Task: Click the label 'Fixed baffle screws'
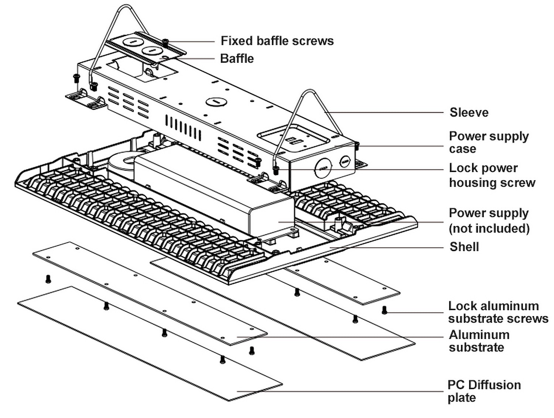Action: tap(277, 41)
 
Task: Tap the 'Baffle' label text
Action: tap(237, 58)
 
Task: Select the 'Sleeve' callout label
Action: tap(469, 112)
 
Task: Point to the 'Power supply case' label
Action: tap(488, 142)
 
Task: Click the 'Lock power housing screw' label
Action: tap(492, 175)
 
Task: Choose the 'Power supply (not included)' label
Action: tap(489, 220)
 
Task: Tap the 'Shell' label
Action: tap(464, 247)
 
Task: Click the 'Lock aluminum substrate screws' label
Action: tap(498, 312)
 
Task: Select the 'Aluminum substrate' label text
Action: tap(479, 341)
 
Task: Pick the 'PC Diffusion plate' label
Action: tap(484, 391)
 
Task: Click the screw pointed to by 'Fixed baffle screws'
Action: tap(165, 42)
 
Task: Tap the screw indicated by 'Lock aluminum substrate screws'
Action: tap(384, 310)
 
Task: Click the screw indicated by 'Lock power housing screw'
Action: tap(276, 170)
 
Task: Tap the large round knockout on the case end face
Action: tap(323, 168)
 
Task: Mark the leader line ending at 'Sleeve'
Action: tap(384, 112)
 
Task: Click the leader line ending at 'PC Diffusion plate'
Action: tap(340, 391)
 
